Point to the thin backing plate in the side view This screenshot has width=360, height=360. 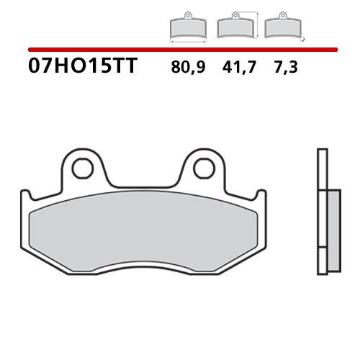point(321,216)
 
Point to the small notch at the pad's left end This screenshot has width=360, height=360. point(22,195)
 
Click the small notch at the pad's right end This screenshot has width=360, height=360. point(260,195)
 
